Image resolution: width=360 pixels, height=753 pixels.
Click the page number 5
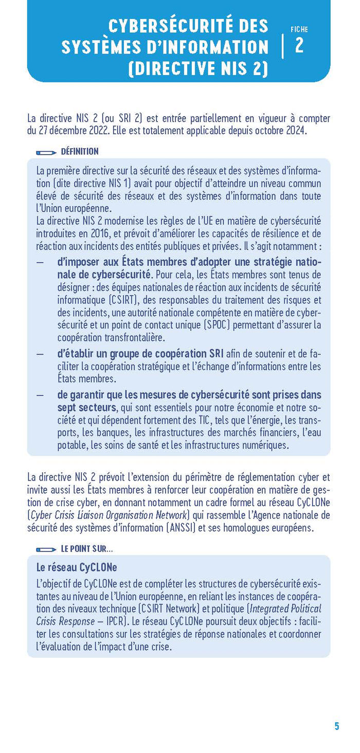pos(337,726)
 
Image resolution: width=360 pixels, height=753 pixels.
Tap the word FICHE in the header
pos(299,30)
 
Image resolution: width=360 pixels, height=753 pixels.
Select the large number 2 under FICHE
pos(299,46)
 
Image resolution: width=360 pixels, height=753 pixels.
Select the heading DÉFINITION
pos(80,152)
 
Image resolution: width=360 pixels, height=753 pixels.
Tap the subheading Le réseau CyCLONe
pos(77,567)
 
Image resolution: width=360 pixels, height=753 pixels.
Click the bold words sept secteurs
pos(86,408)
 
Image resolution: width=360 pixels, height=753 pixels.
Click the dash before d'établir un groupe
pos(40,354)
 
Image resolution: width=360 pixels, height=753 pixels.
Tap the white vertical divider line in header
pos(282,46)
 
